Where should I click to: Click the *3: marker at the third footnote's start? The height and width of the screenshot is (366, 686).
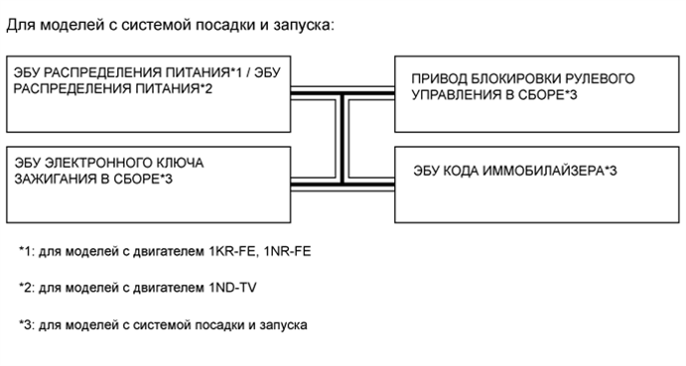click(27, 324)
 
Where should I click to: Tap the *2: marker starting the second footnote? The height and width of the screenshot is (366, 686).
click(27, 288)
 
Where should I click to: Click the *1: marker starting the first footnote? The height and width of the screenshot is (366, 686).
click(27, 252)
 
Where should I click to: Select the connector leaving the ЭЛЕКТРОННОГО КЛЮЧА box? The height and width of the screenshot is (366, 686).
click(318, 183)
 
